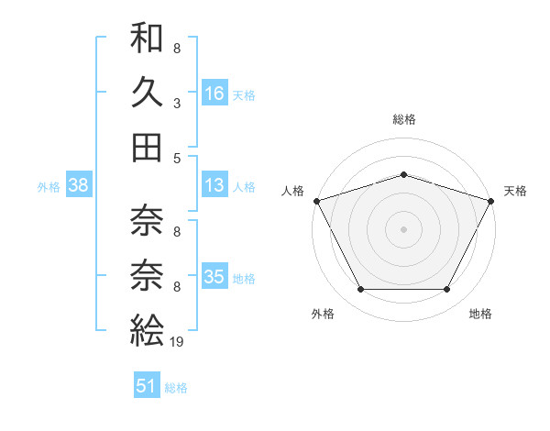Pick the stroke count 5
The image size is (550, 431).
coord(176,158)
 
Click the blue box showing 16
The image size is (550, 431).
coord(214,93)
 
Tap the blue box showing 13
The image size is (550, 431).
coord(214,186)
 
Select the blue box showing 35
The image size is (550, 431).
coord(214,277)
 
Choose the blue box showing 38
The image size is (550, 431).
coord(78,186)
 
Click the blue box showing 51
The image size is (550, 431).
coord(147,386)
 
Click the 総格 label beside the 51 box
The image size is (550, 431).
coord(176,388)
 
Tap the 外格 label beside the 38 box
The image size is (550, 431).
coord(49,187)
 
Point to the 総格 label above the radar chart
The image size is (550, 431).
coord(404,119)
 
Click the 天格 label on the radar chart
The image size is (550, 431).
coord(515,191)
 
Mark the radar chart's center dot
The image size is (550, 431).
coord(403,228)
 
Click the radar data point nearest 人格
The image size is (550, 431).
coord(316,200)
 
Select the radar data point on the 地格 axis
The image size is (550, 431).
coord(447,290)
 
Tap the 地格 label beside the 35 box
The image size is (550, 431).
coord(244,279)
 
